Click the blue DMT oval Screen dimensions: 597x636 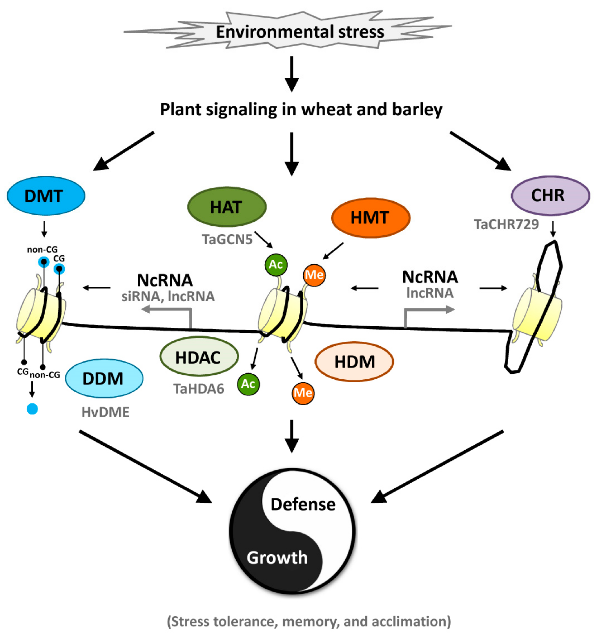coord(46,196)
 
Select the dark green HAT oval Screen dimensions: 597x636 coord(227,207)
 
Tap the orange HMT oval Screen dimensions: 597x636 coord(371,218)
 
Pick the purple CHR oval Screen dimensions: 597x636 coord(550,195)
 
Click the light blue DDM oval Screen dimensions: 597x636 coord(104,379)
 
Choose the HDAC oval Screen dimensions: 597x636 coord(199,356)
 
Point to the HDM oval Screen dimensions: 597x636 coord(354,361)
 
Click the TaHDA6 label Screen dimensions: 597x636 coord(199,389)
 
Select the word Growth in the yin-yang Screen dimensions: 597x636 coord(277,558)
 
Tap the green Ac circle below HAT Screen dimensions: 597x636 coord(276,264)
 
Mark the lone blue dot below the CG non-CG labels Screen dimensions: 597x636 coord(32,409)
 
